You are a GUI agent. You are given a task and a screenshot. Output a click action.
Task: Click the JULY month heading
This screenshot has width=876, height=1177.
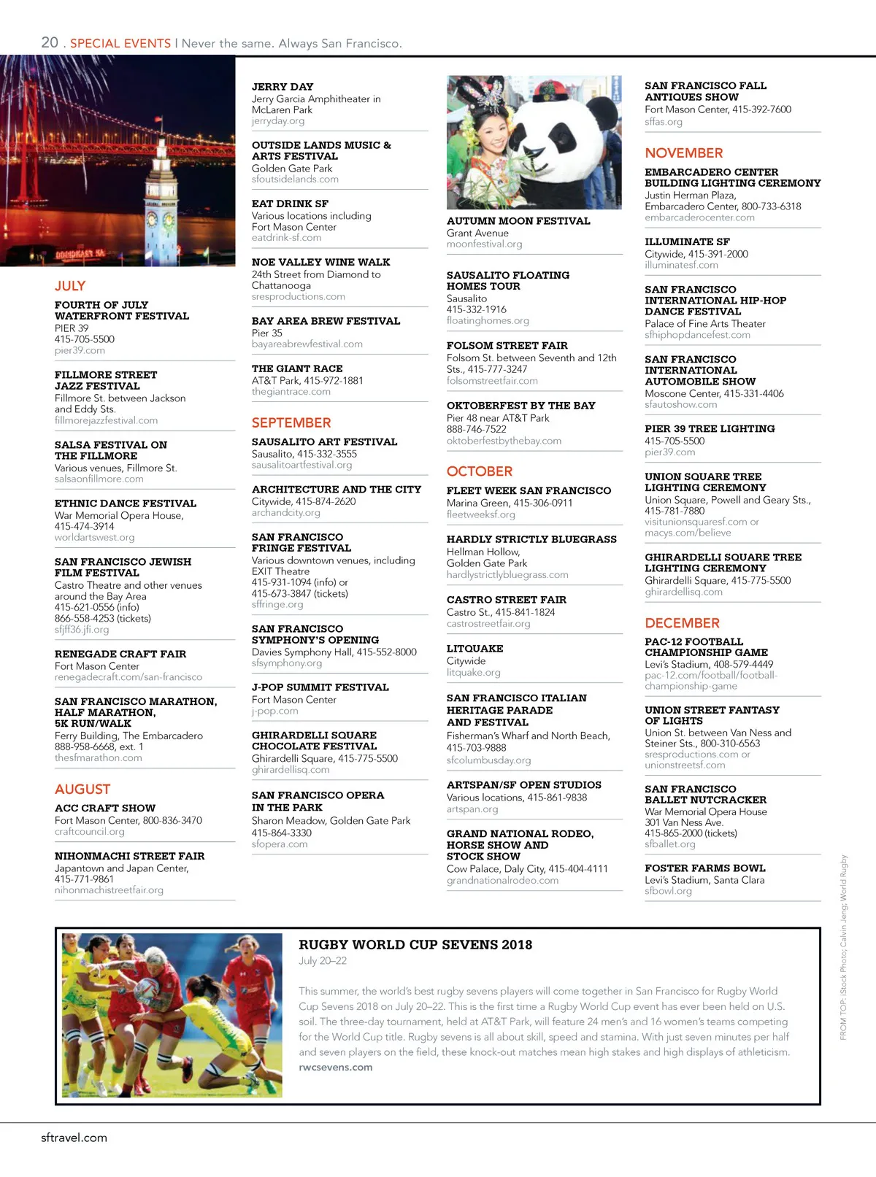click(x=70, y=286)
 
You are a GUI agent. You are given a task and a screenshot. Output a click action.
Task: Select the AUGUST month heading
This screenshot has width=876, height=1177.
click(x=82, y=790)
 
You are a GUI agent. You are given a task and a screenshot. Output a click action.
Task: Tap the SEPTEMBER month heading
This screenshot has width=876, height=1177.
click(x=291, y=423)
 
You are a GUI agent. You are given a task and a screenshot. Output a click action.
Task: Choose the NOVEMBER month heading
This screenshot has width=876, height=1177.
click(x=684, y=153)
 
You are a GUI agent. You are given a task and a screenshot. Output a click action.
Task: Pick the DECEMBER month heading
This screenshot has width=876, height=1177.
click(x=682, y=623)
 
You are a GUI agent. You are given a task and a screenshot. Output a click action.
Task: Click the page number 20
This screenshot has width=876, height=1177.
click(x=50, y=42)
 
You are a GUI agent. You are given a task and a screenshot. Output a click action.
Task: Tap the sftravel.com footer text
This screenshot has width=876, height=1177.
click(x=74, y=1138)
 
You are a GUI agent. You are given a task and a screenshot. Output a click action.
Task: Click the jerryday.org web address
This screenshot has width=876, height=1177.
click(x=278, y=121)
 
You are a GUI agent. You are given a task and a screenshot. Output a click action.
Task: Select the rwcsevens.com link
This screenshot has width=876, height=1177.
click(x=335, y=1068)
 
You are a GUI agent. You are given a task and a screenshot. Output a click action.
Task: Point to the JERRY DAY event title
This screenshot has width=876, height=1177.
click(x=283, y=87)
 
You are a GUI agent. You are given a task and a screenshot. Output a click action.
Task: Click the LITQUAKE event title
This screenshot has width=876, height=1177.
click(x=474, y=649)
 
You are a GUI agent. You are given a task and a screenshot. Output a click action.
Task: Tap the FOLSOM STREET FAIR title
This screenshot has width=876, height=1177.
click(x=507, y=346)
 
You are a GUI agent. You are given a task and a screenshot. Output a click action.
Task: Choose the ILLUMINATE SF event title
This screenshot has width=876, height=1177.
click(x=687, y=242)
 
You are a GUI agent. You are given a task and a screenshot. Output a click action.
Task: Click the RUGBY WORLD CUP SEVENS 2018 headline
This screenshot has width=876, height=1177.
click(x=415, y=945)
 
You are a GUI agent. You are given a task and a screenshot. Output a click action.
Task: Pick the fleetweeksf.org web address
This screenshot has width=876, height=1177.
click(x=480, y=514)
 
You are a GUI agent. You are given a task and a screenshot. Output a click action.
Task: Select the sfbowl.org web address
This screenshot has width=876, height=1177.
click(x=668, y=891)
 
